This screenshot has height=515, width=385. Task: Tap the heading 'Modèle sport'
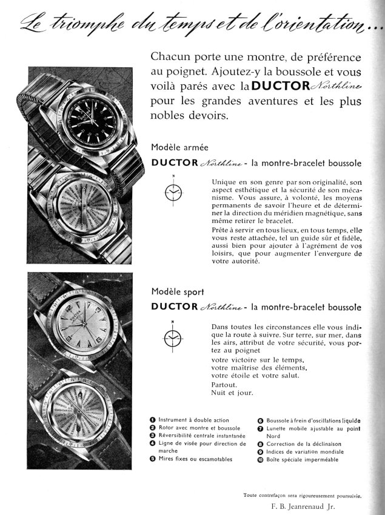tap(173, 291)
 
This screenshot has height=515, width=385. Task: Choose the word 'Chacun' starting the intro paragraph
tap(169, 57)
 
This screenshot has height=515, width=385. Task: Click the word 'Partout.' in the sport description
tap(224, 384)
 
